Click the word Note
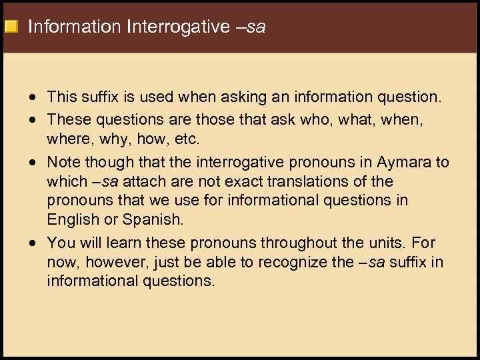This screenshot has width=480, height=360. coord(62,163)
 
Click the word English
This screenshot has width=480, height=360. coord(69,219)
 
